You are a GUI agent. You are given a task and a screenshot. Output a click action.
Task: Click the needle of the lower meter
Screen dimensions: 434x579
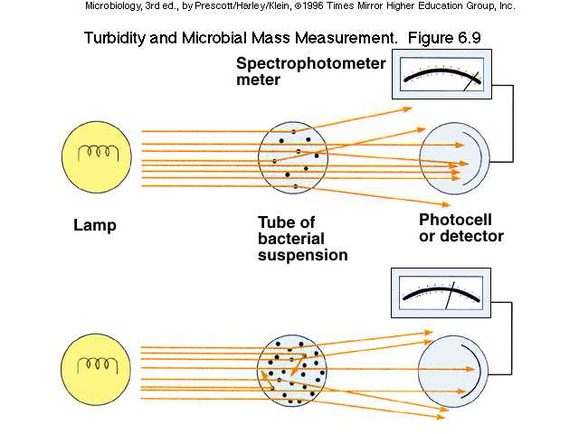[449, 297]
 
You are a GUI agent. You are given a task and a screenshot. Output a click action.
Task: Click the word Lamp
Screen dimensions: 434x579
[95, 225]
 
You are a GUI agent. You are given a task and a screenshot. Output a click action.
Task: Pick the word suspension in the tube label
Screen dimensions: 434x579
[303, 255]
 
